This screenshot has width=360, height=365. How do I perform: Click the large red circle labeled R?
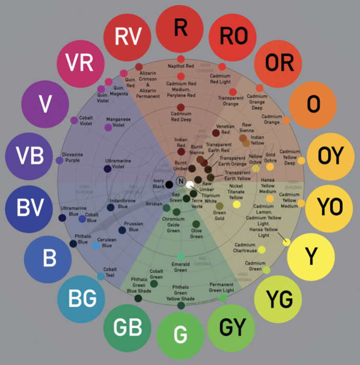coord(180,28)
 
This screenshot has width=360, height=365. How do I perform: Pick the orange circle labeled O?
coord(313,105)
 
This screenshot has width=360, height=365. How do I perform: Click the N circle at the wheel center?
coord(181,181)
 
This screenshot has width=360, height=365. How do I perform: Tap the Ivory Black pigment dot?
coord(169,185)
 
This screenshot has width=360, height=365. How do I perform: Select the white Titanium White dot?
coord(190,184)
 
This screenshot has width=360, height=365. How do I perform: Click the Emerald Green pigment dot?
coord(181,256)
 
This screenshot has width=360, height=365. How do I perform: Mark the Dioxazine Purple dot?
coord(59,160)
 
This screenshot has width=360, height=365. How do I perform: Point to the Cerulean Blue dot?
coord(96,246)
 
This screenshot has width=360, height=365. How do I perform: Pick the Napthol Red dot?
coord(181,74)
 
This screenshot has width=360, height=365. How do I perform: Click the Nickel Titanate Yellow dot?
coord(236,204)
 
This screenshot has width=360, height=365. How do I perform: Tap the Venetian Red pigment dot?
coord(216,133)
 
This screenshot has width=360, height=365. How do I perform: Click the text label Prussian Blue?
coord(133,227)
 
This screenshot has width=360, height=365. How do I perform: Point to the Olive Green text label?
coord(196,233)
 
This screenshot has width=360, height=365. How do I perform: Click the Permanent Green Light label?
coord(222,287)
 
